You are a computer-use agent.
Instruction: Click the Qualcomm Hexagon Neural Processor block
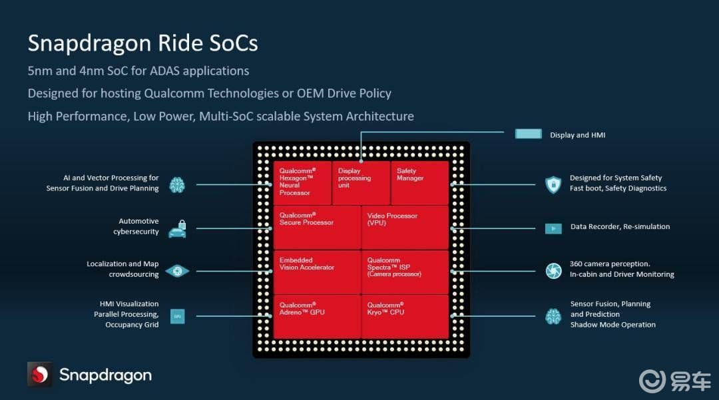[302, 182]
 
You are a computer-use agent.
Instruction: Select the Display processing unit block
[361, 182]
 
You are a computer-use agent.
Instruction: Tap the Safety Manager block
[419, 182]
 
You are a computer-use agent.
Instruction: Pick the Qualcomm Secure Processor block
[317, 227]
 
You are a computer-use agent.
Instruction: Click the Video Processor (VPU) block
[405, 227]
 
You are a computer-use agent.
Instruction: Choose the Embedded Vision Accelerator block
[317, 272]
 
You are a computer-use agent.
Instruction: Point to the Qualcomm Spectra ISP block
[405, 272]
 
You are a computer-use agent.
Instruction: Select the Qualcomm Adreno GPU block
[317, 316]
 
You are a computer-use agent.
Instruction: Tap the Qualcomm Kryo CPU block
[405, 316]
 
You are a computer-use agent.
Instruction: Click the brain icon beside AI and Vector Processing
[177, 184]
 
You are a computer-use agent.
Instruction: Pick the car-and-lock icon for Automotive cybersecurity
[177, 228]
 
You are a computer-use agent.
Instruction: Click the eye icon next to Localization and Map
[177, 271]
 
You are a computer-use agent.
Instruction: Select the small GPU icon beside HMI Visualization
[177, 316]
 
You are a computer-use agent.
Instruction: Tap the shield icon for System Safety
[553, 184]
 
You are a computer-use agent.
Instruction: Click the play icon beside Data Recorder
[553, 228]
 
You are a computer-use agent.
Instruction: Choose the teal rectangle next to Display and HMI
[529, 134]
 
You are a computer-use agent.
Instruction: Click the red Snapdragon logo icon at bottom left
[39, 375]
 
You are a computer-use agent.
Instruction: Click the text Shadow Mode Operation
[612, 325]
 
